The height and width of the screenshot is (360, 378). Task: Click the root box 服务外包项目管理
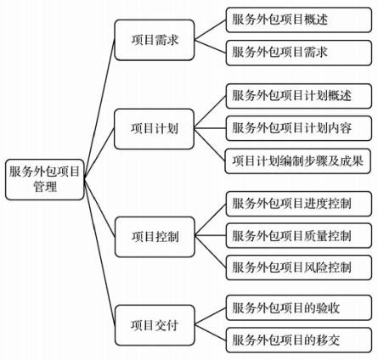tap(45, 179)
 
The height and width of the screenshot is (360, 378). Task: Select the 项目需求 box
tap(155, 40)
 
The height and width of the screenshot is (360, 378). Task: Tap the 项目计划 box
tap(154, 129)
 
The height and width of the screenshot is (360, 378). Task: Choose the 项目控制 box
tap(155, 237)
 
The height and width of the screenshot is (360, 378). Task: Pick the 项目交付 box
tap(155, 325)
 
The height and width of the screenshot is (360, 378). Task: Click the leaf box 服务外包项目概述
tap(299, 20)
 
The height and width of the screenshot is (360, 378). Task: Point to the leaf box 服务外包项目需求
tap(299, 53)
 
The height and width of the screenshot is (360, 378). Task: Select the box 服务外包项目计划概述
tap(299, 96)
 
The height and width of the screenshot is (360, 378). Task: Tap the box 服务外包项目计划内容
tap(299, 128)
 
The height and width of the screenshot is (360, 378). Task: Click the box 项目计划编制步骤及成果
tap(298, 161)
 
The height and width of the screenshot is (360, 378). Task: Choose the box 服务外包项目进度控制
tap(299, 204)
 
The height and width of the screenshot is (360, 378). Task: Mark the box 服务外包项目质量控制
tap(299, 236)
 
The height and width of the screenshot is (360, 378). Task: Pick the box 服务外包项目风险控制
tap(299, 267)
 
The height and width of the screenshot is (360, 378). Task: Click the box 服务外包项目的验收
tap(299, 307)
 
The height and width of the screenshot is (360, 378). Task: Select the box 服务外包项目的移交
tap(299, 340)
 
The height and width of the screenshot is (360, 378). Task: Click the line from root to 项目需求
tap(99, 109)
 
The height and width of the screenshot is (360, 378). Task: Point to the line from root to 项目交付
tap(99, 252)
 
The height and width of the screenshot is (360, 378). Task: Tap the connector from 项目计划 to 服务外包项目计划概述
tap(210, 112)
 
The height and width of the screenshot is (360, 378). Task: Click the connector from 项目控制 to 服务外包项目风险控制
tap(211, 251)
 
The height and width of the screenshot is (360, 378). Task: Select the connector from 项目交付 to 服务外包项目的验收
tap(211, 317)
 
